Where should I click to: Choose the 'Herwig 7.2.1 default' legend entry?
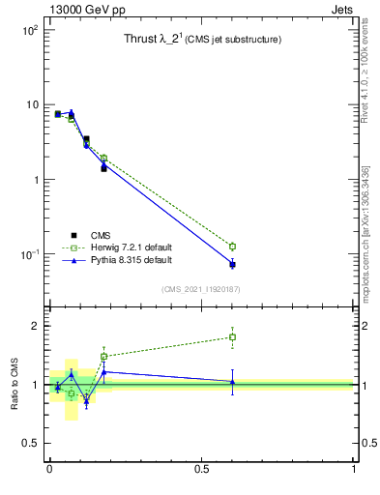[x=131, y=247]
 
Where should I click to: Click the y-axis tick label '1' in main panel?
[x=34, y=180]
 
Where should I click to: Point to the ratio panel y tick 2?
[x=34, y=326]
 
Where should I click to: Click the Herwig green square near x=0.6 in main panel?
[x=232, y=247]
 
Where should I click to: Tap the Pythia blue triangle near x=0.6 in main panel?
[x=232, y=263]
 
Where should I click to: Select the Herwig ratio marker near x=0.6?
[x=232, y=337]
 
